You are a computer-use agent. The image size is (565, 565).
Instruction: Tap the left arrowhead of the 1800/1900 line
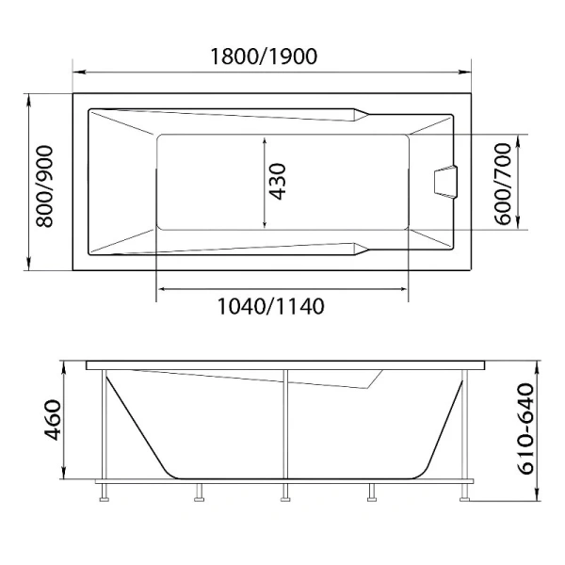(x=77, y=72)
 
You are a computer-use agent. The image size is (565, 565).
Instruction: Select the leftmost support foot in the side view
(x=103, y=492)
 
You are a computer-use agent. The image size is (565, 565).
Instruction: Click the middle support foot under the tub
(x=283, y=492)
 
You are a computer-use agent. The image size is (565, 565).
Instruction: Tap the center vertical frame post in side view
(x=283, y=424)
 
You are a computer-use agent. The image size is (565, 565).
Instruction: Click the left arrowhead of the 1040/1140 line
(x=159, y=288)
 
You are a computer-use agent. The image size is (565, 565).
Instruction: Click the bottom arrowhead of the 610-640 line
(x=537, y=499)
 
